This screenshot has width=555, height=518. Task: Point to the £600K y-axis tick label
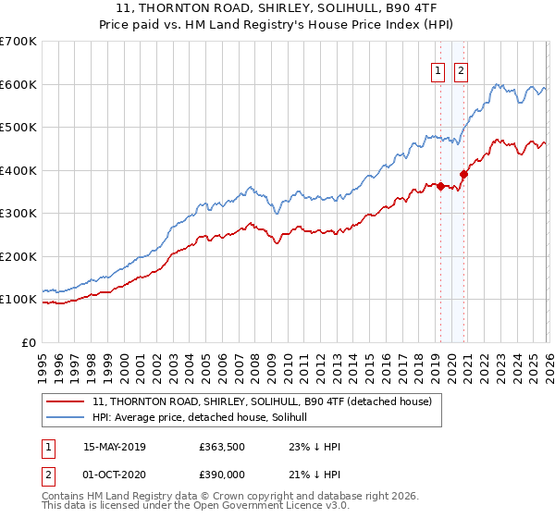pyautogui.click(x=18, y=84)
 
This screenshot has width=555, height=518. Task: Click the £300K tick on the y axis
pyautogui.click(x=18, y=214)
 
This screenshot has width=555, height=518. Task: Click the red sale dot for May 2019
pyautogui.click(x=441, y=186)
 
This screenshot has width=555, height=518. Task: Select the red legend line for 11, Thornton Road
pyautogui.click(x=68, y=402)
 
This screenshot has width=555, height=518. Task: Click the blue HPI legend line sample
pyautogui.click(x=68, y=418)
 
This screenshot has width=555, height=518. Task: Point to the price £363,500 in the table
pyautogui.click(x=222, y=447)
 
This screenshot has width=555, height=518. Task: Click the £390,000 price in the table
pyautogui.click(x=222, y=474)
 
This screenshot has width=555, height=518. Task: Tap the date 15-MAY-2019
pyautogui.click(x=116, y=447)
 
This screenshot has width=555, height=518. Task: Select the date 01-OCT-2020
pyautogui.click(x=116, y=474)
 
